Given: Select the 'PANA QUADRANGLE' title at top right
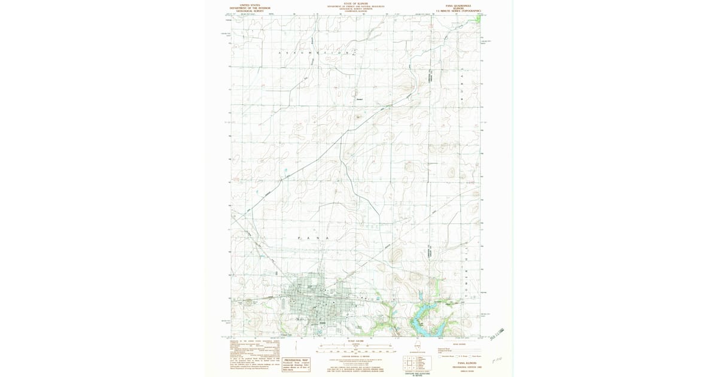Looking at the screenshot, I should coord(459,5).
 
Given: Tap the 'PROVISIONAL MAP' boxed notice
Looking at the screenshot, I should coord(296,365).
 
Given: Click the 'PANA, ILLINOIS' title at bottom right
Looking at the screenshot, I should coord(461,363).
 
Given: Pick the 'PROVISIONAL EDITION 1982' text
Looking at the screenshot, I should coord(461,366).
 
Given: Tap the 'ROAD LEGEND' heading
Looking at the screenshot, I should coord(460,343).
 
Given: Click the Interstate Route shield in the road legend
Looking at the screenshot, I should coord(440,356).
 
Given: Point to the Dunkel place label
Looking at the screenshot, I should coord(360,99).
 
